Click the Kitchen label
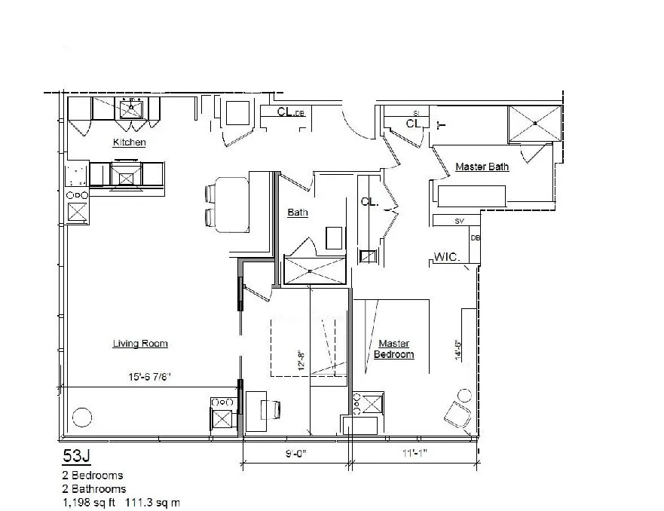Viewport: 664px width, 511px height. point(129,142)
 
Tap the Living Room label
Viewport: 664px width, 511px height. point(140,344)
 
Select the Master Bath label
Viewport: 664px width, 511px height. point(482,167)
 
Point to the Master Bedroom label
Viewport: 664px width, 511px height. point(394,349)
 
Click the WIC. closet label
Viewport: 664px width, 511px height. point(447,258)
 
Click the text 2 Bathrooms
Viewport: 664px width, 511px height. point(94,488)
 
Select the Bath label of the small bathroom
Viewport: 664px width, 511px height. point(298,213)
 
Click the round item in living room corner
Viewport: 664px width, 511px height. point(80,417)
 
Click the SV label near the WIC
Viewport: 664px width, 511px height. point(459,221)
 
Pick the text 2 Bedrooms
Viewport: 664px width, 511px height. point(93,476)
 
